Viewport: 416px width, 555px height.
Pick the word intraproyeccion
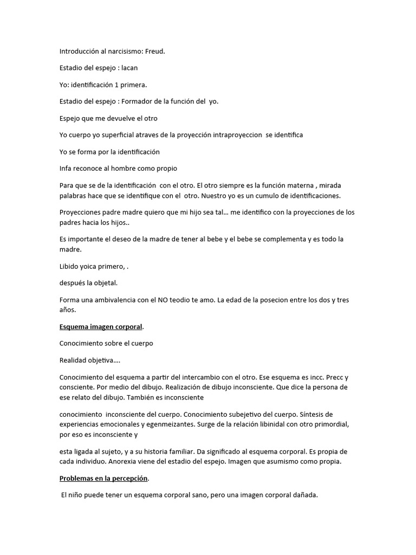tap(237, 135)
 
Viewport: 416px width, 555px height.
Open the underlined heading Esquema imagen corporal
tap(101, 326)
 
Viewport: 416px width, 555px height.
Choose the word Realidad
tap(73, 359)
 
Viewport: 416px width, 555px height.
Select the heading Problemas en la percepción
tap(104, 479)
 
